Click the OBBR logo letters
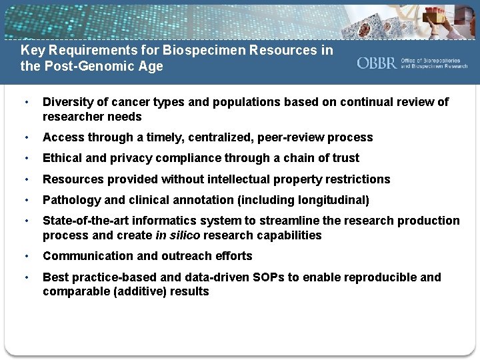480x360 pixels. pyautogui.click(x=377, y=63)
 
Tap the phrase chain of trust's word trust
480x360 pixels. pyautogui.click(x=343, y=158)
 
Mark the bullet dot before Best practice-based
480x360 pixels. pyautogui.click(x=25, y=277)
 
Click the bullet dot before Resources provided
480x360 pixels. pyautogui.click(x=25, y=179)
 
